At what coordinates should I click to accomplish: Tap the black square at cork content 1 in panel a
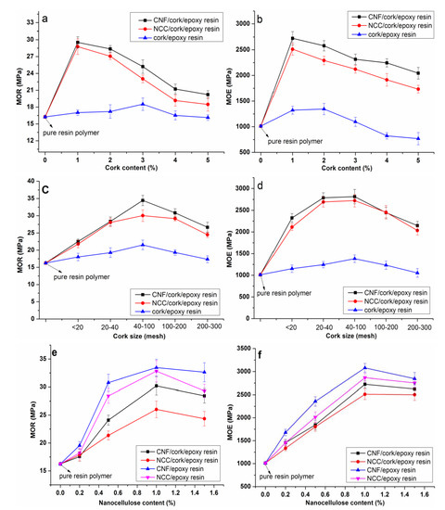tap(77, 43)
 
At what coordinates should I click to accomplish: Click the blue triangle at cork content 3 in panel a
tap(143, 104)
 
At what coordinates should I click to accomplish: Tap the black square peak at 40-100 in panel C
tap(142, 200)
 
